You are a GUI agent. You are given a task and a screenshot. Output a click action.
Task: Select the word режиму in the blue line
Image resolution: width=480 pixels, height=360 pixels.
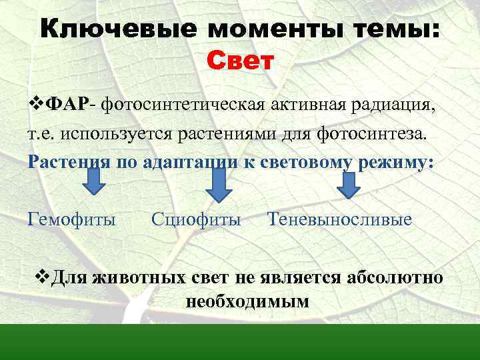[x=396, y=162]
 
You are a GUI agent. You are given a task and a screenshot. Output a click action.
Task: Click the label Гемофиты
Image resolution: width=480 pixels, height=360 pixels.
[x=71, y=219]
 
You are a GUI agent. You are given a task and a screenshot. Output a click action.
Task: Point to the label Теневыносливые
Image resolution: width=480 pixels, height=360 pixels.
[x=339, y=219]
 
